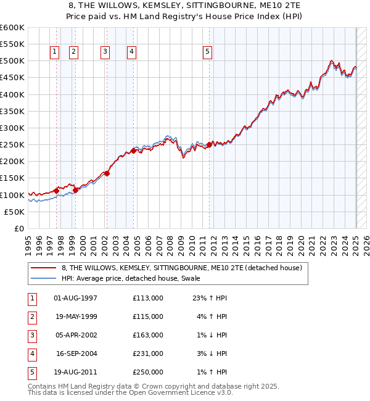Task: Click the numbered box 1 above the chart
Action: coord(55,52)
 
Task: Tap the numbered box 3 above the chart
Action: coord(105,52)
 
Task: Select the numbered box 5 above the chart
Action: coord(207,52)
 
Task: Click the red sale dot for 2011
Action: coord(209,144)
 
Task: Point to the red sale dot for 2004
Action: coord(134,151)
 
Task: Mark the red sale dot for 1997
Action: coord(56,191)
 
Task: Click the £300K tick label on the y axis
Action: coord(12,128)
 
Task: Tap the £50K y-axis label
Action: coord(14,212)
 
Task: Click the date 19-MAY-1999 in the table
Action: coord(76,316)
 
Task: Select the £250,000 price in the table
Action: coord(148,372)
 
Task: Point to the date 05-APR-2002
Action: coord(76,335)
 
